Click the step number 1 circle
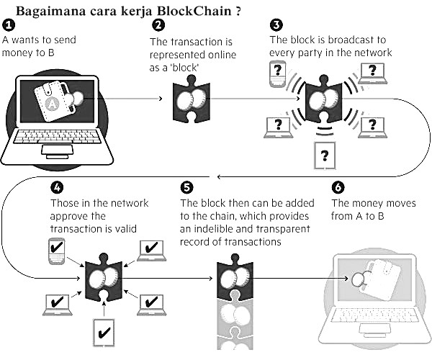point(8,25)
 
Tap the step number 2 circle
point(158,25)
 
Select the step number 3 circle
point(276,24)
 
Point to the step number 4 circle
point(57,188)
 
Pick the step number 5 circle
point(186,188)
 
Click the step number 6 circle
point(338,188)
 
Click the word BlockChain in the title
point(194,11)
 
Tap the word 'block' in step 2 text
point(184,68)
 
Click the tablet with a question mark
point(325,156)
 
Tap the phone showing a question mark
point(277,74)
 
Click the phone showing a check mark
point(57,251)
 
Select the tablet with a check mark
point(104,333)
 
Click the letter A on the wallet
point(52,104)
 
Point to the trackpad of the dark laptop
point(58,150)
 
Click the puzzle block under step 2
point(192,99)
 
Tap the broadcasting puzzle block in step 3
point(324,99)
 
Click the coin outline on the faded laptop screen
point(357,279)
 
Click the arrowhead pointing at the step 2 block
point(161,99)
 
